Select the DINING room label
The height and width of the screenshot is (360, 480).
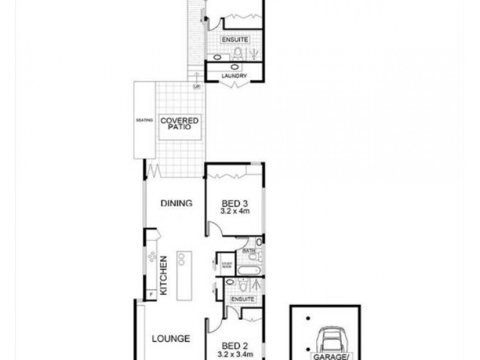click(x=176, y=203)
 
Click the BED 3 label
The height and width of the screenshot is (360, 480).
click(x=234, y=202)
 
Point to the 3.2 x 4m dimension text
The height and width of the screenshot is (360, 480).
click(x=234, y=211)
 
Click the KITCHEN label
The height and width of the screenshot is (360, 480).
click(x=163, y=274)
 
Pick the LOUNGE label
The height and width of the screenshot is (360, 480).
click(x=170, y=338)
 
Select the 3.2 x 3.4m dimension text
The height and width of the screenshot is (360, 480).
click(x=234, y=353)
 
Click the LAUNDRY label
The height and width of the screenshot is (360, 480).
click(x=235, y=76)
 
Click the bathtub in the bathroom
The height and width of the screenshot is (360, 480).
click(x=247, y=269)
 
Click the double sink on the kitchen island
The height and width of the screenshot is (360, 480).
click(x=180, y=259)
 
